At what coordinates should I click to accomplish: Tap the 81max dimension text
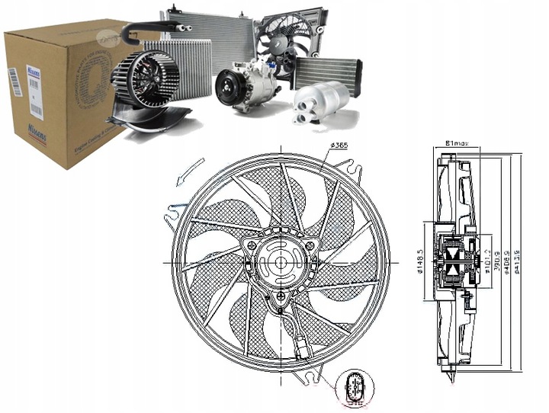tap(454, 140)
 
